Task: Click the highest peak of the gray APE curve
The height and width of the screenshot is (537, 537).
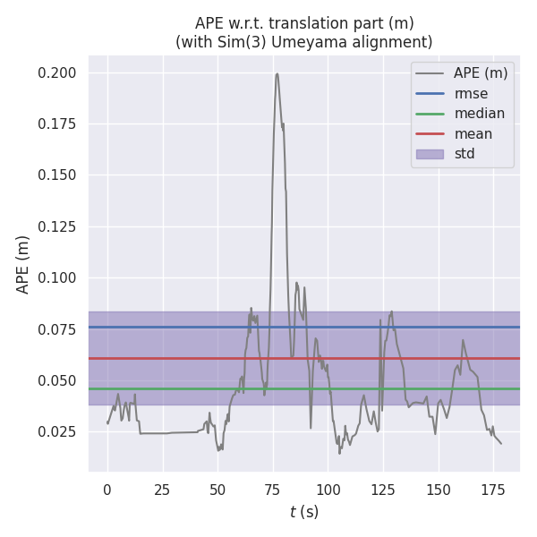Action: [277, 73]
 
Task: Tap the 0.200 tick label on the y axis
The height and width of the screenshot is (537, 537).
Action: [58, 72]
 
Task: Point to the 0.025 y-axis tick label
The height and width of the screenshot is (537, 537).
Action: [58, 432]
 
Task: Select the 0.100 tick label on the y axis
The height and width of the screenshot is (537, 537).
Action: [58, 278]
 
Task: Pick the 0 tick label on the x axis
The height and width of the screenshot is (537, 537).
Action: [107, 490]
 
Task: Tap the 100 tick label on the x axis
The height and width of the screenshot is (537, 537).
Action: [328, 490]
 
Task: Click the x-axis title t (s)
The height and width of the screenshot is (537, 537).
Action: [304, 512]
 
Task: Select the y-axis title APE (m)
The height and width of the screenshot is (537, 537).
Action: [23, 264]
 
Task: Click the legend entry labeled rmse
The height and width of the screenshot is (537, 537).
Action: [471, 93]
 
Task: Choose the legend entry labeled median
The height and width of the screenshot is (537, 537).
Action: [479, 114]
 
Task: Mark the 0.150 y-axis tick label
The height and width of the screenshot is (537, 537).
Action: [58, 175]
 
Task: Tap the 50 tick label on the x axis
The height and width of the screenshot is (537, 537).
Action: [217, 490]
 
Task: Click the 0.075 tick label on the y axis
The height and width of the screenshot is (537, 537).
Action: [58, 330]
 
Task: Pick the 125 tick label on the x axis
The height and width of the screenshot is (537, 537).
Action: [383, 490]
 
